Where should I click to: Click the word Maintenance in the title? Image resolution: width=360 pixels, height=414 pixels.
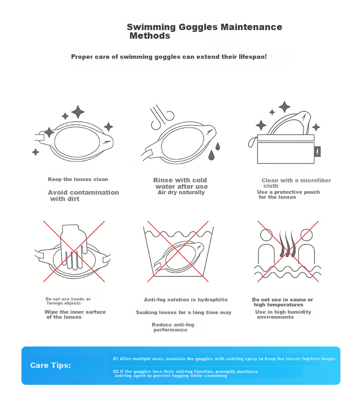point(251,27)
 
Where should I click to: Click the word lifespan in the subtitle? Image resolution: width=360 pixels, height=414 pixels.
point(252,57)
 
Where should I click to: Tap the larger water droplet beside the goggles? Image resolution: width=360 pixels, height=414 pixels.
point(211,155)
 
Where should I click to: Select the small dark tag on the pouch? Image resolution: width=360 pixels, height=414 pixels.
point(318,151)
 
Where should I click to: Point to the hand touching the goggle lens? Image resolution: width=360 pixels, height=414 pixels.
point(74,246)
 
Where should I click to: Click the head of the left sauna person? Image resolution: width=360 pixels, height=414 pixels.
point(266,235)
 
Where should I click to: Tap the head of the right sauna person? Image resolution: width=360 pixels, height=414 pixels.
point(306,235)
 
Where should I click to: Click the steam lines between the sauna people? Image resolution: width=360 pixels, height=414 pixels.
point(287,243)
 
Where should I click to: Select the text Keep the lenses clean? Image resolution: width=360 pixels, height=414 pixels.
point(78,179)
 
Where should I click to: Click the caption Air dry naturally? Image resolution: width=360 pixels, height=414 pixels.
point(181,192)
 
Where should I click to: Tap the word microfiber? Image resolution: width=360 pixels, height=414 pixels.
point(316,181)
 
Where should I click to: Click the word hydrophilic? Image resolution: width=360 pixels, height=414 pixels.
point(213,300)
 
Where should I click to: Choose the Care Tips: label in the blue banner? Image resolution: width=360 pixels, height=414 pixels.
point(51,365)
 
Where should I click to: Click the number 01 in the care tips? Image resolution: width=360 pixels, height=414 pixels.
point(116,358)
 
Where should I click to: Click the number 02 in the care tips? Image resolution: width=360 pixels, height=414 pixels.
point(116,371)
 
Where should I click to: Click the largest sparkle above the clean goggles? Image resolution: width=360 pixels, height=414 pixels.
point(78,112)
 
